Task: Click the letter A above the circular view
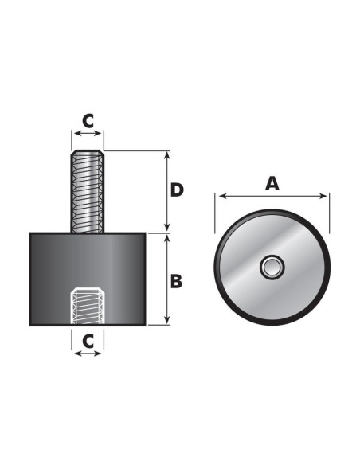(x=272, y=182)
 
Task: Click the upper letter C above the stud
(x=88, y=121)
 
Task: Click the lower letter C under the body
(x=88, y=339)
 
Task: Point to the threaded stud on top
(x=88, y=195)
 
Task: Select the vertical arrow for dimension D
(x=166, y=190)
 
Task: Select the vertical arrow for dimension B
(x=166, y=278)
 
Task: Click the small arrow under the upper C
(x=88, y=136)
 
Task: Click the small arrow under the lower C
(x=88, y=353)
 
